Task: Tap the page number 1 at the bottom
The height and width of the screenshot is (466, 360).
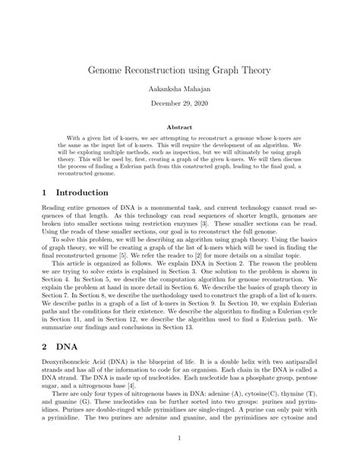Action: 180,438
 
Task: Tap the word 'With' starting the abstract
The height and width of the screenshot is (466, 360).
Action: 74,141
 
